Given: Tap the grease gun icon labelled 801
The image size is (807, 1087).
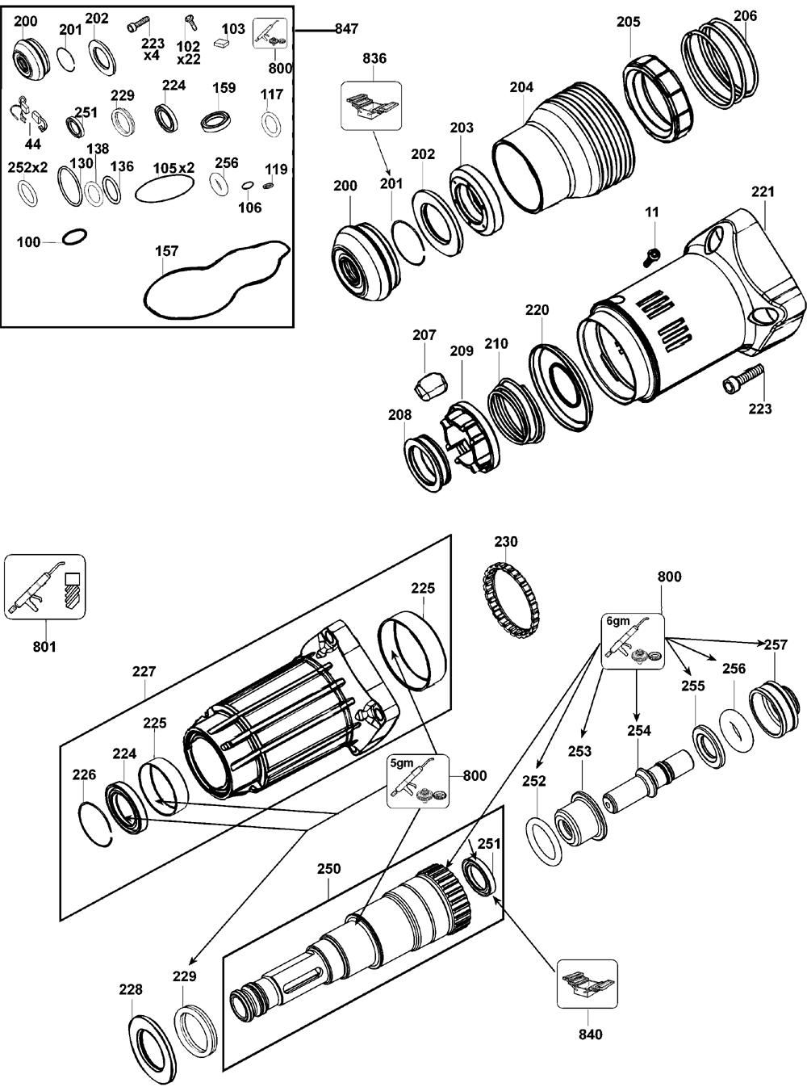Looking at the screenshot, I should pos(45,586).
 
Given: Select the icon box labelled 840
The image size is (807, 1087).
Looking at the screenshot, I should pos(587,983).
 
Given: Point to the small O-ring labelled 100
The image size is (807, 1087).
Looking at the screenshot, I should pos(74,237).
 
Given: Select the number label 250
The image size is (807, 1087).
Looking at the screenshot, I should pos(328,869).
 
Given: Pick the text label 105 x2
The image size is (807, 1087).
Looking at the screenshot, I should pos(174,168).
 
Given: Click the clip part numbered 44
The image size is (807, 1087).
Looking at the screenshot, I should pos(32,116).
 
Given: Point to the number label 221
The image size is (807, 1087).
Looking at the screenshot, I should pos(762,191).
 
